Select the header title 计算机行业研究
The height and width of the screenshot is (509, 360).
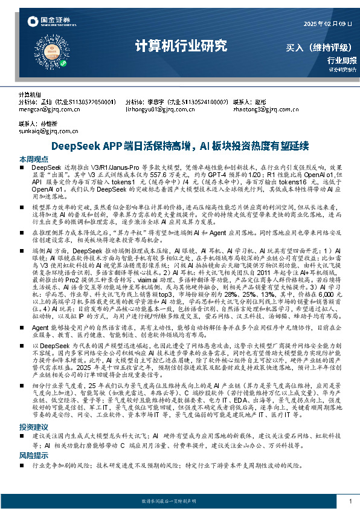181,46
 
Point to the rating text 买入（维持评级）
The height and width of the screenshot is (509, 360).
320,47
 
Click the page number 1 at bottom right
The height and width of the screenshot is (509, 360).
350,501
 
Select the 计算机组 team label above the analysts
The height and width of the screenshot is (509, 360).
30,96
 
